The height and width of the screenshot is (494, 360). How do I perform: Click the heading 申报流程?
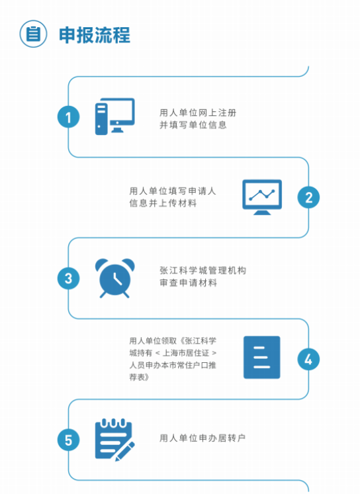point(95,35)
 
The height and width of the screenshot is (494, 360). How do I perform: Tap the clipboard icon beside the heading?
point(33,34)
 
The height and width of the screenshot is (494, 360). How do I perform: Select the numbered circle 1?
point(68,117)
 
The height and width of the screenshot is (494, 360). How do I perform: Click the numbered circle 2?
point(308,197)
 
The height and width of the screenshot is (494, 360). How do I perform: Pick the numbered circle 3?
point(68,279)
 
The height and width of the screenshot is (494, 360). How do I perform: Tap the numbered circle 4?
point(308,360)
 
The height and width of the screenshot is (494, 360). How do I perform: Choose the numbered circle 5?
point(68,440)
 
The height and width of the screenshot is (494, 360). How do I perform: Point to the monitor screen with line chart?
point(262,197)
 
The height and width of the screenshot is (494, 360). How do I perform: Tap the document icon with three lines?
point(262,358)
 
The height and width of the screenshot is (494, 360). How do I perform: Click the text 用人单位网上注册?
point(198,113)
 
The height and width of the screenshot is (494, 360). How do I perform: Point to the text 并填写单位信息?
point(193,125)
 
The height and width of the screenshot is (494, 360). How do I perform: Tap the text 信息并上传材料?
point(163,203)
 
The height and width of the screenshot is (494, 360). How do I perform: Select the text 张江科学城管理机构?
point(203,270)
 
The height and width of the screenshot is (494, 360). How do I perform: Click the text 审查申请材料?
point(188,283)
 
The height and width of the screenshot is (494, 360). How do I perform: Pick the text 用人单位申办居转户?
point(202,438)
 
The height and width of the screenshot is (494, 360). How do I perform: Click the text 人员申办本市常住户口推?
point(173,365)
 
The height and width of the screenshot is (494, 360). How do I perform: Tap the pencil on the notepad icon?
point(125,451)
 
